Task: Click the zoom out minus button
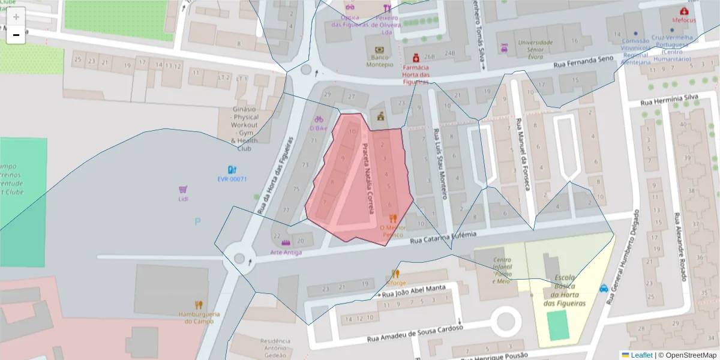[x=16, y=35]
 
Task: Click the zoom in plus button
[x=16, y=17]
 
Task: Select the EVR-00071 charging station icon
[x=232, y=170]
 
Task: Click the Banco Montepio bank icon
[x=379, y=50]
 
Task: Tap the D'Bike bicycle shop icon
[x=319, y=119]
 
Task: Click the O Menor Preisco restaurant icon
[x=393, y=219]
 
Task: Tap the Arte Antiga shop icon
[x=286, y=243]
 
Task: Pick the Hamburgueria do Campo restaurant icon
[x=199, y=305]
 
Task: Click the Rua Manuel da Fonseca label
[x=522, y=154]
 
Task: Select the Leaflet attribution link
[x=641, y=355]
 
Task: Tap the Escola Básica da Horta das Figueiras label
[x=565, y=291]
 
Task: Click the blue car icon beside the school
[x=604, y=288]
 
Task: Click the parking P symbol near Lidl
[x=197, y=221]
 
